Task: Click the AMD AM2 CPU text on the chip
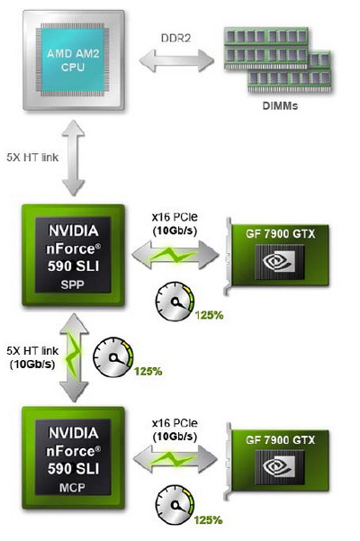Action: [x=73, y=60]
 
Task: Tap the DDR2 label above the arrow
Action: [x=175, y=38]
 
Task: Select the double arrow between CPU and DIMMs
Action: [x=176, y=60]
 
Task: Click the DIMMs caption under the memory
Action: [x=280, y=105]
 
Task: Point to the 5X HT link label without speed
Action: [x=32, y=158]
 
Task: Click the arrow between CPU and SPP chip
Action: [x=74, y=158]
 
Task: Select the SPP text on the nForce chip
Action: [x=72, y=284]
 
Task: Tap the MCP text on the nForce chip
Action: [x=72, y=488]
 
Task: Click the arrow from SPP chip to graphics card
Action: [x=175, y=256]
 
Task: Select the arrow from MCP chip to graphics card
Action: [x=175, y=459]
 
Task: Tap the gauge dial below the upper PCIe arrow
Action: [x=175, y=302]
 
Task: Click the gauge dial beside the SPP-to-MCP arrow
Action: [x=112, y=357]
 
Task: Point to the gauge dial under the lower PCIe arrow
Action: [x=175, y=505]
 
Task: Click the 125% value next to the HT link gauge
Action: [x=148, y=371]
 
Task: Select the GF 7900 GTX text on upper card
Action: [x=280, y=234]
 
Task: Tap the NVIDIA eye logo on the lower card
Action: [x=279, y=467]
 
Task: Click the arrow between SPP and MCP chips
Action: [x=74, y=357]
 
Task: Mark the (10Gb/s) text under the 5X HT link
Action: [x=32, y=364]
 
